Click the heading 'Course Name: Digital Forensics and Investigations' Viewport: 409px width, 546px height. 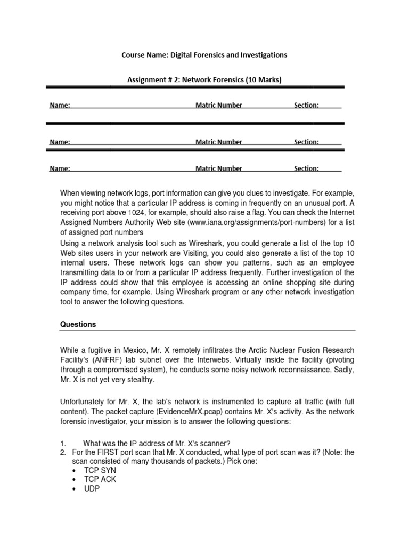[204, 55]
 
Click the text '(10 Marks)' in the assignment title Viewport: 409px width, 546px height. [263, 80]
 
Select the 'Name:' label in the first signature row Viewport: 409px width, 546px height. [60, 106]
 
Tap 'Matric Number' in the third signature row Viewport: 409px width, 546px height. [218, 168]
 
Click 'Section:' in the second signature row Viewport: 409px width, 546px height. [306, 142]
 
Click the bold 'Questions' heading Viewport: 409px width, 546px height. [78, 324]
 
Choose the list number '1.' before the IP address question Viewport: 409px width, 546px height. [63, 443]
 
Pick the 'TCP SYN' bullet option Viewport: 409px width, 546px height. [100, 471]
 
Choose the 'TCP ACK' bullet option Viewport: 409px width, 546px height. [100, 479]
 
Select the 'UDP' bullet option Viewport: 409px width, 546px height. [92, 488]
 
